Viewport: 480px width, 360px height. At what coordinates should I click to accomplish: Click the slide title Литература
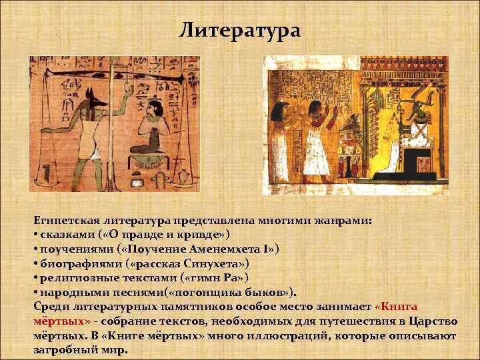tap(241, 31)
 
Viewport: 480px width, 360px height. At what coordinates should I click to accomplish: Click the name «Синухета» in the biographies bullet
tap(211, 263)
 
